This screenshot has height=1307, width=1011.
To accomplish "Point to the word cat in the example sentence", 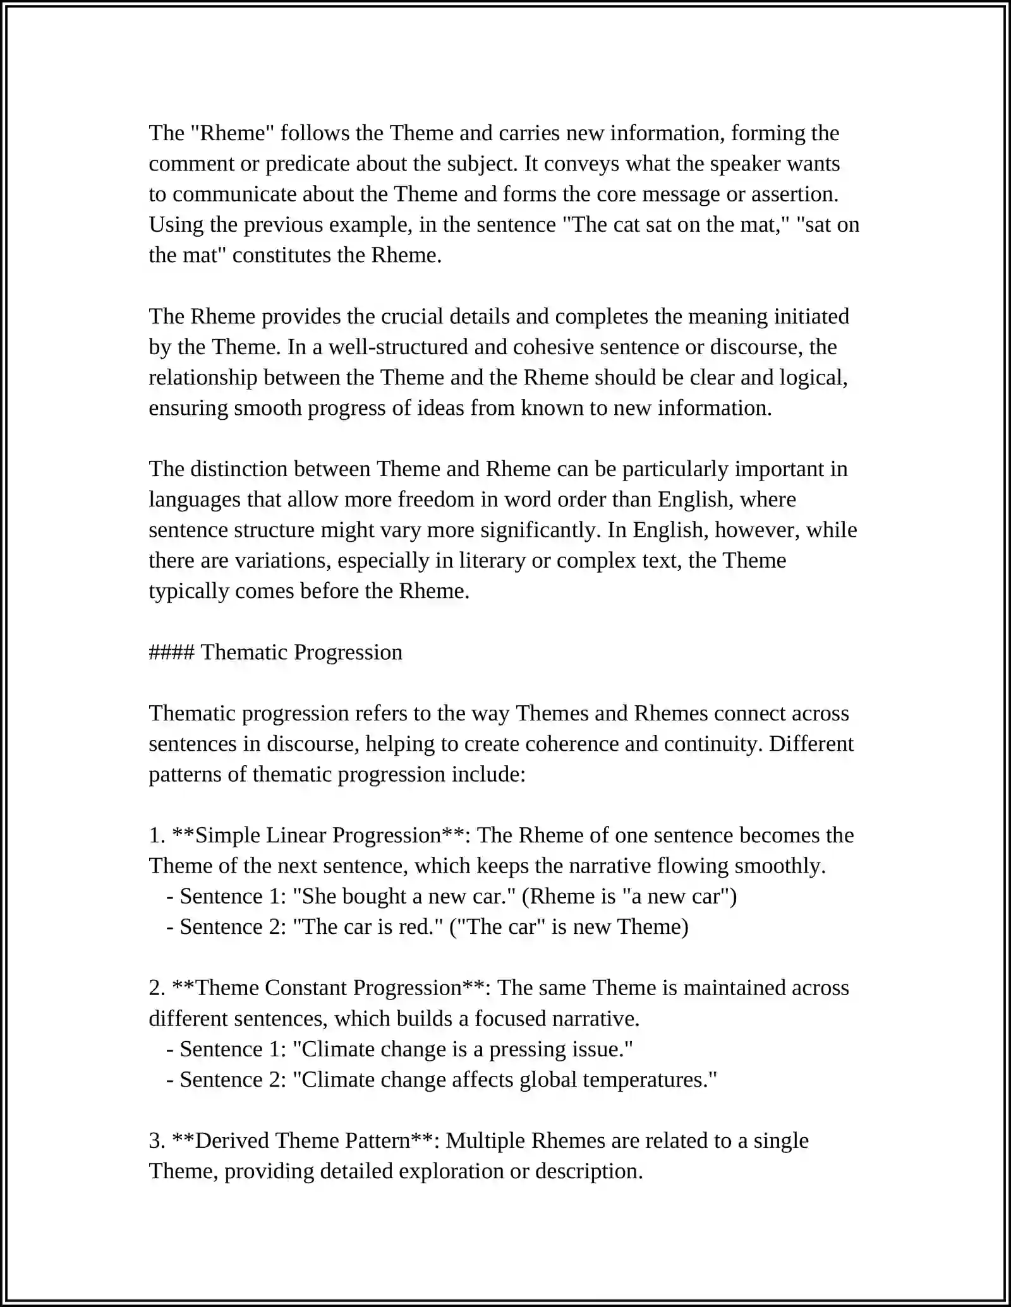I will click(x=627, y=225).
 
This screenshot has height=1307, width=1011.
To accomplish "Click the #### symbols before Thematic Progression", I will click(x=171, y=652).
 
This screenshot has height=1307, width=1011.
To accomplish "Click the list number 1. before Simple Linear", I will click(x=157, y=835).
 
